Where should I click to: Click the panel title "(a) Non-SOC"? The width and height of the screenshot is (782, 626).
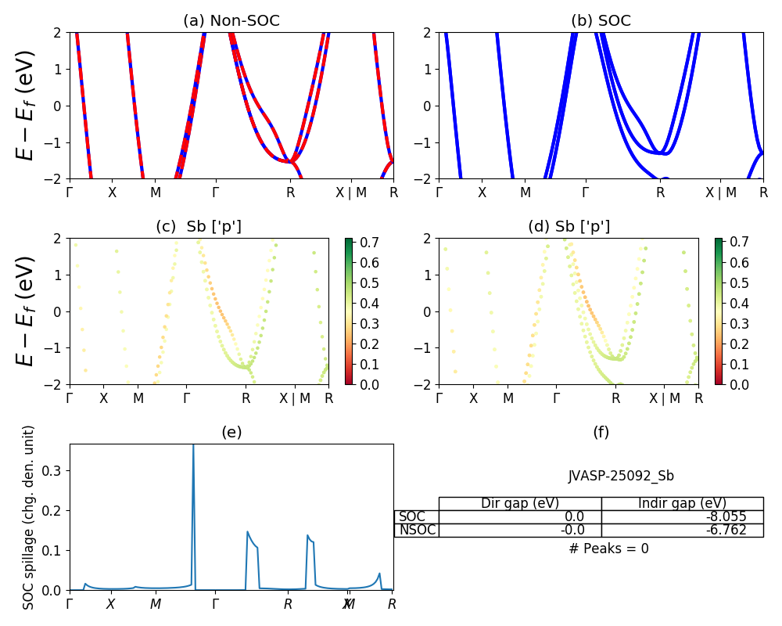click(231, 21)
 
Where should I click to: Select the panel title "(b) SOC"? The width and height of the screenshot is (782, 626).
click(601, 21)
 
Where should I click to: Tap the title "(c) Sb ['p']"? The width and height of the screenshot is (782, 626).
click(199, 227)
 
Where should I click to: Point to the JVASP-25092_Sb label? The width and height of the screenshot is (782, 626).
click(621, 476)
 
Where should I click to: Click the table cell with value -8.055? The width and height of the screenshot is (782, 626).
click(682, 516)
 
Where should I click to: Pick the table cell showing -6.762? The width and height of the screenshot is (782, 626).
click(682, 530)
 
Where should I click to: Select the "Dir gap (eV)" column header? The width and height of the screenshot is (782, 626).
click(520, 503)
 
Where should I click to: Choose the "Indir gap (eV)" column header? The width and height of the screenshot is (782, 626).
click(682, 503)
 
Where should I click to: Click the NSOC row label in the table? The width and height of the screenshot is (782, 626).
click(417, 530)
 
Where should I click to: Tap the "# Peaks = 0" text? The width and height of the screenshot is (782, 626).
click(608, 549)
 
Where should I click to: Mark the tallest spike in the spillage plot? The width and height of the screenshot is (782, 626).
click(193, 448)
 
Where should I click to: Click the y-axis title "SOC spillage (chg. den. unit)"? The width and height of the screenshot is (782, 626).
click(29, 517)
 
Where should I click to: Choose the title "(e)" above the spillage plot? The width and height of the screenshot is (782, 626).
click(231, 432)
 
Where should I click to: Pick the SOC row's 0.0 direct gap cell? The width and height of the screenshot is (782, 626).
click(520, 516)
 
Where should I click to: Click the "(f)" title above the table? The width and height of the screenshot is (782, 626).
click(601, 432)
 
